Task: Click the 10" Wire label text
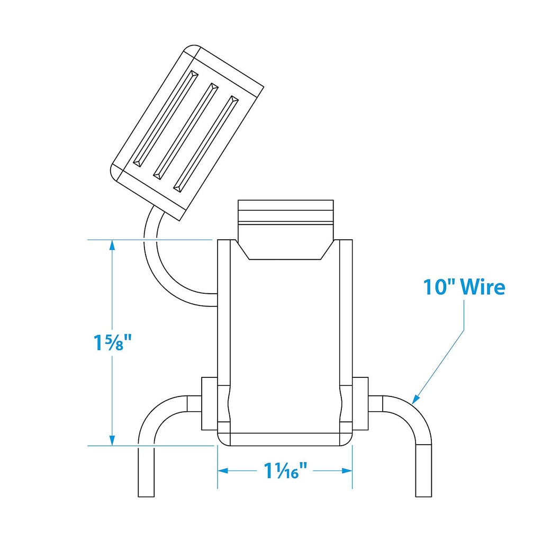[464, 287]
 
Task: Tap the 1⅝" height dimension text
[113, 342]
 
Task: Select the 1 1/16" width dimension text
[285, 470]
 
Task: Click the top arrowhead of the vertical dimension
[112, 245]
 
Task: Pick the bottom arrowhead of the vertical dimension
[112, 441]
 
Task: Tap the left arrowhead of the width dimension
[223, 471]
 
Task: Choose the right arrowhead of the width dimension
[347, 471]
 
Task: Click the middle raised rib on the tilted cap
[186, 131]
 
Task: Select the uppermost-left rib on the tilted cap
[166, 119]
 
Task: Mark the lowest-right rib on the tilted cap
[206, 144]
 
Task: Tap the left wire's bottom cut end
[146, 496]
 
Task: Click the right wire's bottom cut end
[423, 496]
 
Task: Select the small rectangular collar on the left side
[210, 404]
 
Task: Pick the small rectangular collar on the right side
[360, 404]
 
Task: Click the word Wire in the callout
[483, 287]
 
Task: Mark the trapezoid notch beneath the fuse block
[285, 250]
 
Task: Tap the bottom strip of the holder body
[285, 439]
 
